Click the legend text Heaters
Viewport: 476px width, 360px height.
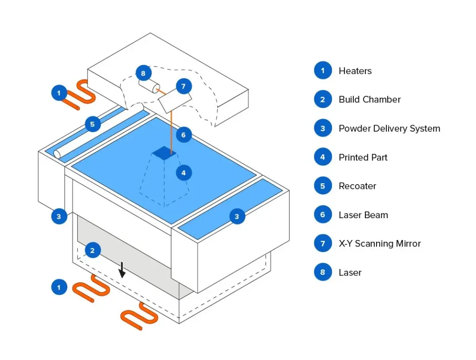click(x=355, y=71)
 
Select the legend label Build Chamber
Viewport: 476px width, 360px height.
click(x=370, y=100)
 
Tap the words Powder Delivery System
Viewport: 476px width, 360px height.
click(x=389, y=128)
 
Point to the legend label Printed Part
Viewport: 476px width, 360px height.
click(x=363, y=157)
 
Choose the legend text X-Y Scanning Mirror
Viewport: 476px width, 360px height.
click(x=379, y=244)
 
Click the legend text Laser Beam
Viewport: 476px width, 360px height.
click(x=363, y=215)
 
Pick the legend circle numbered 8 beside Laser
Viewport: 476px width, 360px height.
click(x=323, y=273)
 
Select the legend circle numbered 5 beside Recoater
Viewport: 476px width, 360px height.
click(x=323, y=186)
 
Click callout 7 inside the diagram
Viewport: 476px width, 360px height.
click(x=183, y=87)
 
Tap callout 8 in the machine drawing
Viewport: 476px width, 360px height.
click(x=143, y=73)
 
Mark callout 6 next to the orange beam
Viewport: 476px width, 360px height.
click(x=184, y=135)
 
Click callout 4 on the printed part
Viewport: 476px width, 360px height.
click(x=184, y=173)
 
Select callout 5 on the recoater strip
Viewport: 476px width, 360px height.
click(x=93, y=124)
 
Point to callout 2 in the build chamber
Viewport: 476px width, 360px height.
click(x=93, y=251)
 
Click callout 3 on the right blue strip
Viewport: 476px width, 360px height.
click(x=237, y=216)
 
